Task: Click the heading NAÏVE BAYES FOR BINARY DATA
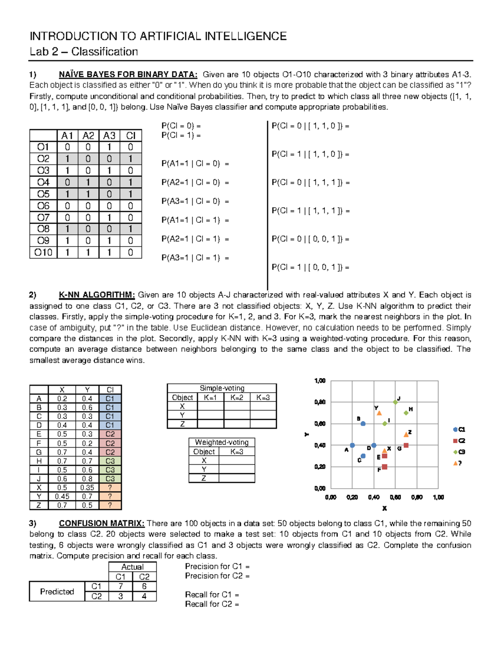128,75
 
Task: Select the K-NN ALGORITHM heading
97,295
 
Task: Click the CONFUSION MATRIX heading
101,523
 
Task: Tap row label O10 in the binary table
43,252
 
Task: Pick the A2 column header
88,136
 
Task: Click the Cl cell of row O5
131,194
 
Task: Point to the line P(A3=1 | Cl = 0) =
195,201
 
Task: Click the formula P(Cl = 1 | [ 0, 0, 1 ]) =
310,267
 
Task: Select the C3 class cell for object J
110,479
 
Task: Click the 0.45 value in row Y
62,497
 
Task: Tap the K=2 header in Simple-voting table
237,398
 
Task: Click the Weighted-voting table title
222,442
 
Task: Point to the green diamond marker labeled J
395,402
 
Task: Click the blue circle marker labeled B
363,424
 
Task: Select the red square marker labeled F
385,467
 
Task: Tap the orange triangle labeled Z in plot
406,434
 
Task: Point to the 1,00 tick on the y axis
320,381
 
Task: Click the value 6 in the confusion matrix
144,586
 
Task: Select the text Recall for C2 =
212,604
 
